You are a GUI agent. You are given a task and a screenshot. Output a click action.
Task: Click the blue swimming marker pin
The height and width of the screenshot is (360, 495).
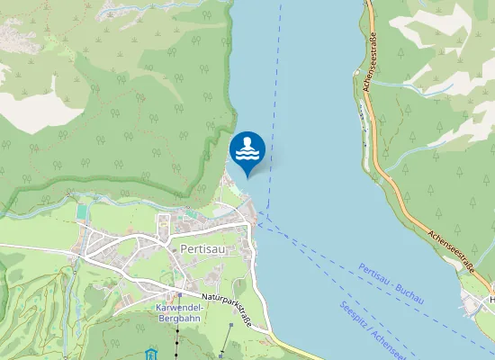coord(247,151)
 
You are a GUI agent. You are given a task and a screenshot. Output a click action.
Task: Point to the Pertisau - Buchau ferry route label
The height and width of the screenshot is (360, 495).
coord(391,283)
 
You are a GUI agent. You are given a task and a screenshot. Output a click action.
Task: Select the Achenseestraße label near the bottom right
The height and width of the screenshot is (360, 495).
coord(451,247)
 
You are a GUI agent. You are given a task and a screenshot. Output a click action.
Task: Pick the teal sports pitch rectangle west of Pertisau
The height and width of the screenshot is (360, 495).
coord(83,211)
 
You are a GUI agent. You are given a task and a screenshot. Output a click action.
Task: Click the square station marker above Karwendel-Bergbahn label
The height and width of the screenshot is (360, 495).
coord(180,294)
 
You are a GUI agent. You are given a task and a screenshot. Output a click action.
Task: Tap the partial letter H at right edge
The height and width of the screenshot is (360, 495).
coord(491,300)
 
